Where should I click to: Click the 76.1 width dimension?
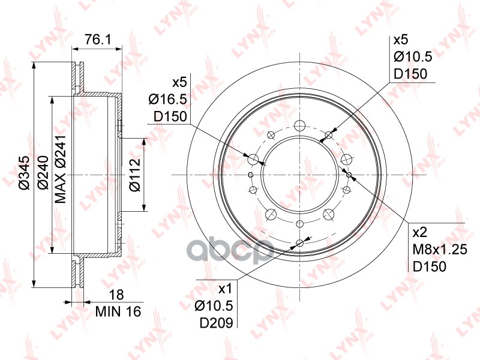(x=98, y=40)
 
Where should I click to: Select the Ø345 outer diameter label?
(x=25, y=173)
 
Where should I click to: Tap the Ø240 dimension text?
(x=43, y=173)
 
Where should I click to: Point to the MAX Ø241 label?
(x=61, y=169)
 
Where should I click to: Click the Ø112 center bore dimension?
(x=134, y=175)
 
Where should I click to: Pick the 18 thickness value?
(x=116, y=295)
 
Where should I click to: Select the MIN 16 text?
(x=118, y=311)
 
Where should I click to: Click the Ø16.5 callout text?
(x=168, y=99)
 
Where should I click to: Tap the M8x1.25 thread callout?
(x=440, y=250)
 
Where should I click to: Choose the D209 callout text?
(x=217, y=322)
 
